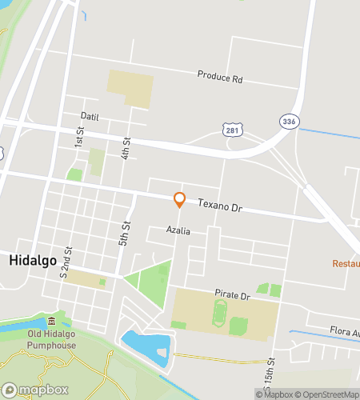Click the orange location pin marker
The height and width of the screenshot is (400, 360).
[x=179, y=199]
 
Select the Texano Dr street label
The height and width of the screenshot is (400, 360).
[x=219, y=207]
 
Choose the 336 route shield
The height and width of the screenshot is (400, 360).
[x=289, y=120]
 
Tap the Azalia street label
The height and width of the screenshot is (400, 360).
[x=178, y=230]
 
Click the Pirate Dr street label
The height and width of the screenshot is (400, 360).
[x=233, y=295]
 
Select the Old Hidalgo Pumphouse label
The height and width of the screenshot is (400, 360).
[x=50, y=339]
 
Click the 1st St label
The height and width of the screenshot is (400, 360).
[x=79, y=137]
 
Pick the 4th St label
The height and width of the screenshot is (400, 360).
[x=126, y=148]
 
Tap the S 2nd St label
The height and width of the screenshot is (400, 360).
[x=69, y=262]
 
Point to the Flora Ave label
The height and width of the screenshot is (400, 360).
[x=344, y=330]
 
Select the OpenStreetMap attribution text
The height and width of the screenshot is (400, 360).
[x=327, y=394]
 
